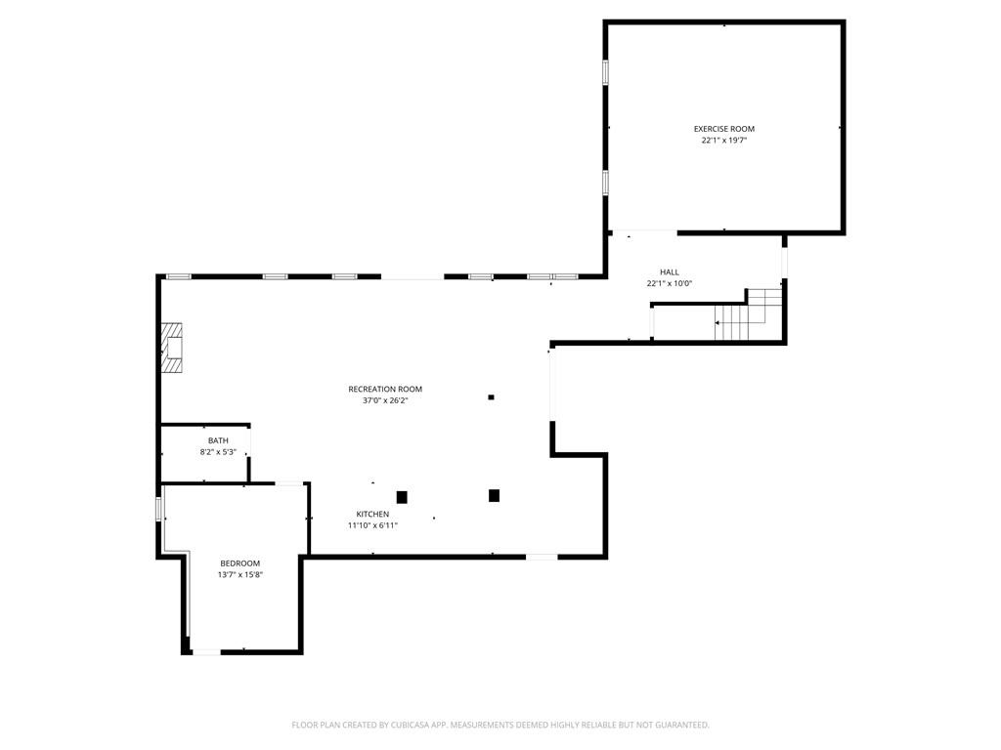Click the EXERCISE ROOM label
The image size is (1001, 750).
[x=724, y=129]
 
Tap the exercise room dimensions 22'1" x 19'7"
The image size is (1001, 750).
[x=724, y=141]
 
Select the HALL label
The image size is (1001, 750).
[x=670, y=272]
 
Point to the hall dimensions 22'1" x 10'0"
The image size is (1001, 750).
[x=670, y=284]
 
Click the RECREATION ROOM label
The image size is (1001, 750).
[x=385, y=389]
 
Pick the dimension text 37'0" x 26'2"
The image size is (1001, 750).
[x=385, y=400]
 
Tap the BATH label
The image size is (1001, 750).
[x=218, y=440]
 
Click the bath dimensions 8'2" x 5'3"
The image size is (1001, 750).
[x=218, y=452]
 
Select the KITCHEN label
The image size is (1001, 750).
[x=372, y=514]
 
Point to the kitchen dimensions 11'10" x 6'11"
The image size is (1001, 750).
[x=372, y=525]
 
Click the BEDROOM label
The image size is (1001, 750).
[x=240, y=563]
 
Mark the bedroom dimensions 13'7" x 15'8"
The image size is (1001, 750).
[x=240, y=574]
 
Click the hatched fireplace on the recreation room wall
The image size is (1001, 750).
[x=171, y=348]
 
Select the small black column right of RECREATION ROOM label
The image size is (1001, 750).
[x=491, y=397]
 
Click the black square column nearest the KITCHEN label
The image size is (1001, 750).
[x=402, y=497]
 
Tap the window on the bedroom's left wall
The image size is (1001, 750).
[x=158, y=509]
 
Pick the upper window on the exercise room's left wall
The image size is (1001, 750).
[x=605, y=72]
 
